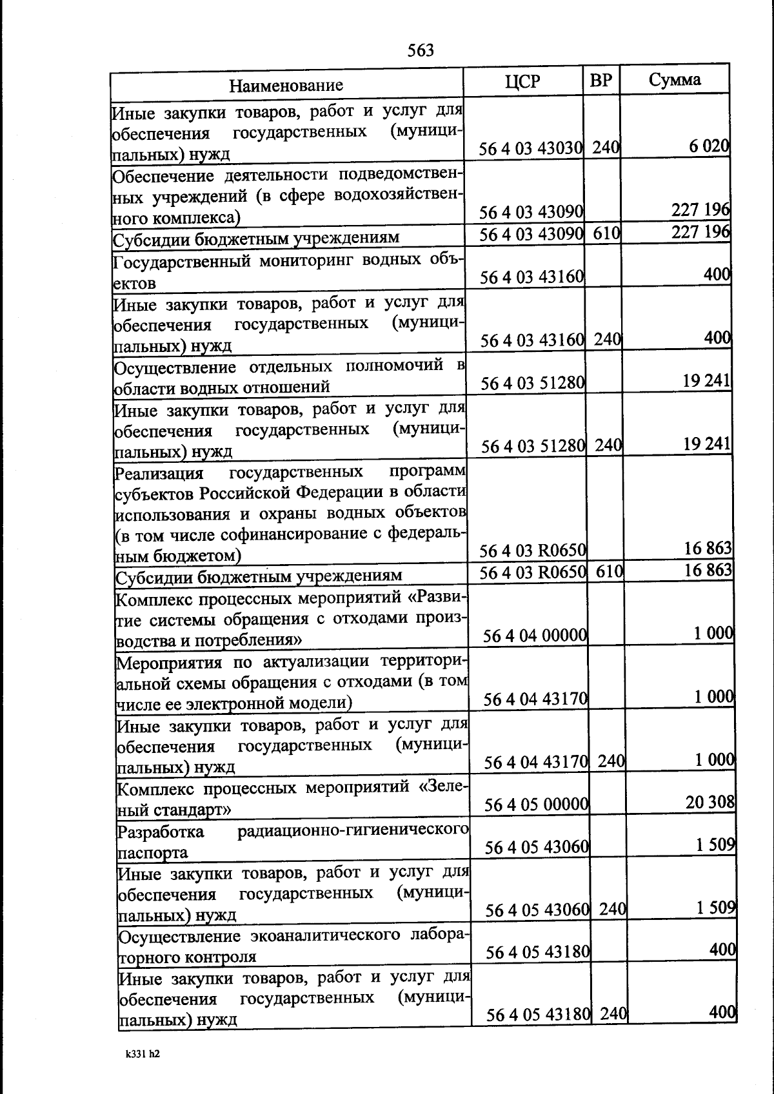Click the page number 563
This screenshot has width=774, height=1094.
[x=421, y=50]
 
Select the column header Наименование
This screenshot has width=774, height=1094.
[x=286, y=85]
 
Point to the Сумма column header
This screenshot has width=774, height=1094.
[x=675, y=79]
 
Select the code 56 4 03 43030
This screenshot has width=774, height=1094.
[x=531, y=148]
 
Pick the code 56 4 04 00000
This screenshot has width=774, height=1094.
[x=535, y=636]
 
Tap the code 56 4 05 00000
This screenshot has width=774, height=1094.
[x=536, y=805]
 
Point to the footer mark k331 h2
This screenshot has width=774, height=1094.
[x=143, y=1055]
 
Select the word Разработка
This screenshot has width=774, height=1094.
[x=161, y=832]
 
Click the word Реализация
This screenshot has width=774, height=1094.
[x=159, y=474]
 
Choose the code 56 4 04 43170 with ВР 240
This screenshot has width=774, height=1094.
[x=535, y=762]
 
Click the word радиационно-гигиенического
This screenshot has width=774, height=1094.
[x=353, y=831]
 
